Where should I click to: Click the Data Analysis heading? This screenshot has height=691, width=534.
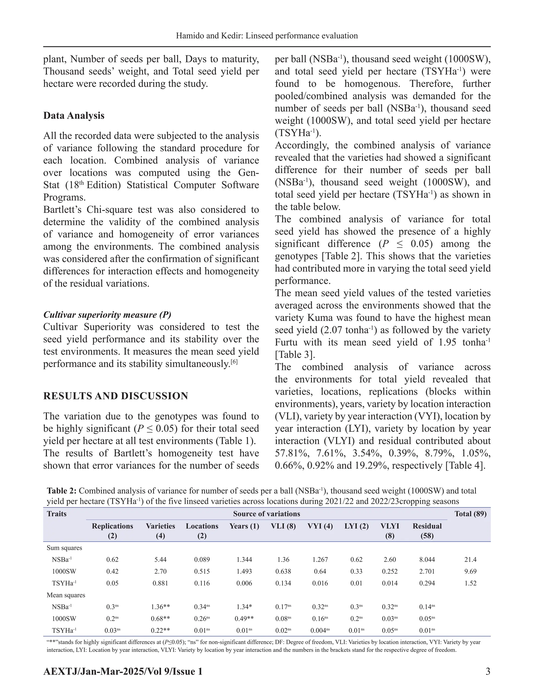(x=74, y=116)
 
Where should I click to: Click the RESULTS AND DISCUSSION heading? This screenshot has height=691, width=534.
(x=116, y=396)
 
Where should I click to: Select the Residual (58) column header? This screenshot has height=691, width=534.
(x=427, y=531)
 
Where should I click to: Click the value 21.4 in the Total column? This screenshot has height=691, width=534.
(x=470, y=559)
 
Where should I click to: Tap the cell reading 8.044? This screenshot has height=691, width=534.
(x=427, y=559)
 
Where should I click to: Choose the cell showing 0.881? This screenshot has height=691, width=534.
(x=160, y=583)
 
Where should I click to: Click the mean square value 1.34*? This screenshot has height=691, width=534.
(x=244, y=607)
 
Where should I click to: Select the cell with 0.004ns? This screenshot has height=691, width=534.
(x=320, y=630)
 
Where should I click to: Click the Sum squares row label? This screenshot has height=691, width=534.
(x=64, y=548)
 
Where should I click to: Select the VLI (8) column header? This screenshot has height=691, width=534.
(x=283, y=526)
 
